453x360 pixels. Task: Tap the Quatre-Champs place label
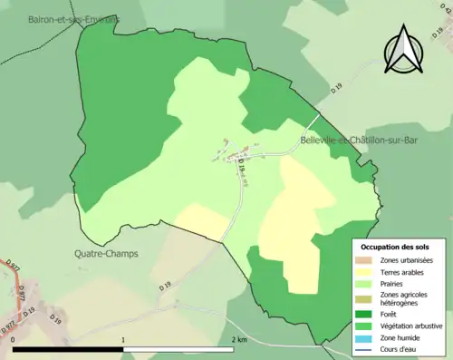108,254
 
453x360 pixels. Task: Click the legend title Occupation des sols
397,247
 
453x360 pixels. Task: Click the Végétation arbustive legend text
415,326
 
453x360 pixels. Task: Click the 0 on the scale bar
14,340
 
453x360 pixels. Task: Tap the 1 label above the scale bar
122,340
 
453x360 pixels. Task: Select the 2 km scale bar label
239,340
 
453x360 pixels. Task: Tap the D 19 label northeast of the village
337,87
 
